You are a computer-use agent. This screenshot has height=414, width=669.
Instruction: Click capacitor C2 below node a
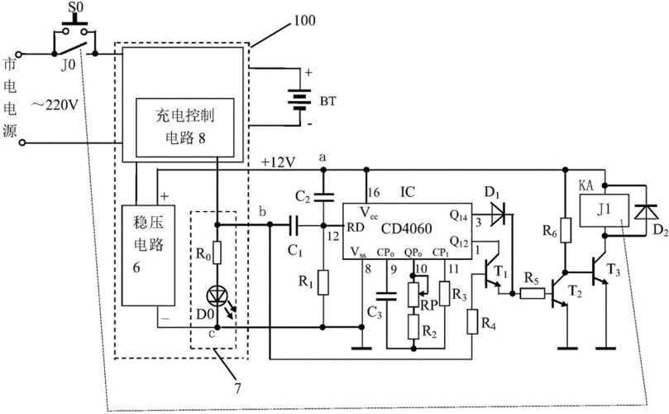coord(325,197)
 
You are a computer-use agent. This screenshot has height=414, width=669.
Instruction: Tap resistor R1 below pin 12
coord(325,283)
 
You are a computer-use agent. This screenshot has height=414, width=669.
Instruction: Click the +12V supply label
coord(278,162)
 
